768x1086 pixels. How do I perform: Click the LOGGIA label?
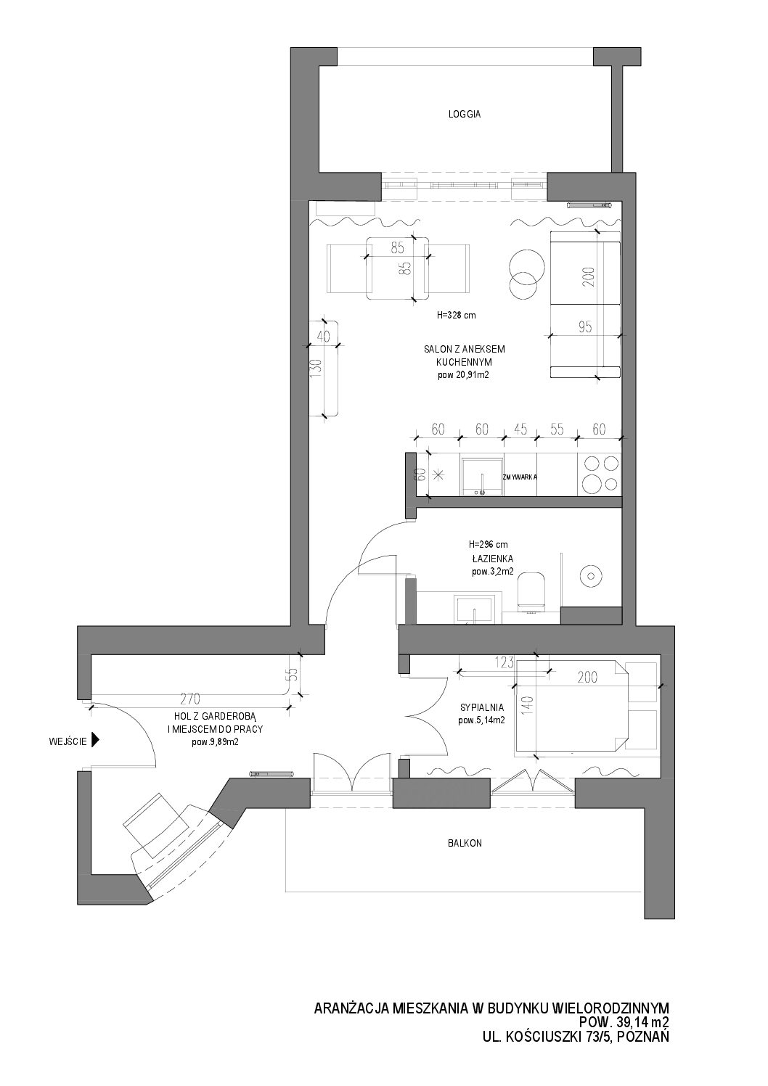click(x=465, y=115)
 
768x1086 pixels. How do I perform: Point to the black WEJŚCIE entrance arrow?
click(x=95, y=741)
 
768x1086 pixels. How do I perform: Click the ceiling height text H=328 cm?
click(x=456, y=315)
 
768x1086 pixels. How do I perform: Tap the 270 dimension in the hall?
click(x=190, y=699)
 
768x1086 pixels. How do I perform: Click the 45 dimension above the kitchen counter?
click(x=520, y=429)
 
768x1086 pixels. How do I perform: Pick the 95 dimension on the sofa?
click(x=585, y=326)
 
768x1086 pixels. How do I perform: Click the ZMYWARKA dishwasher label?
click(x=520, y=477)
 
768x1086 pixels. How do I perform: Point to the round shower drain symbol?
click(x=591, y=576)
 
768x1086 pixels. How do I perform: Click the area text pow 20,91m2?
click(x=463, y=375)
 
